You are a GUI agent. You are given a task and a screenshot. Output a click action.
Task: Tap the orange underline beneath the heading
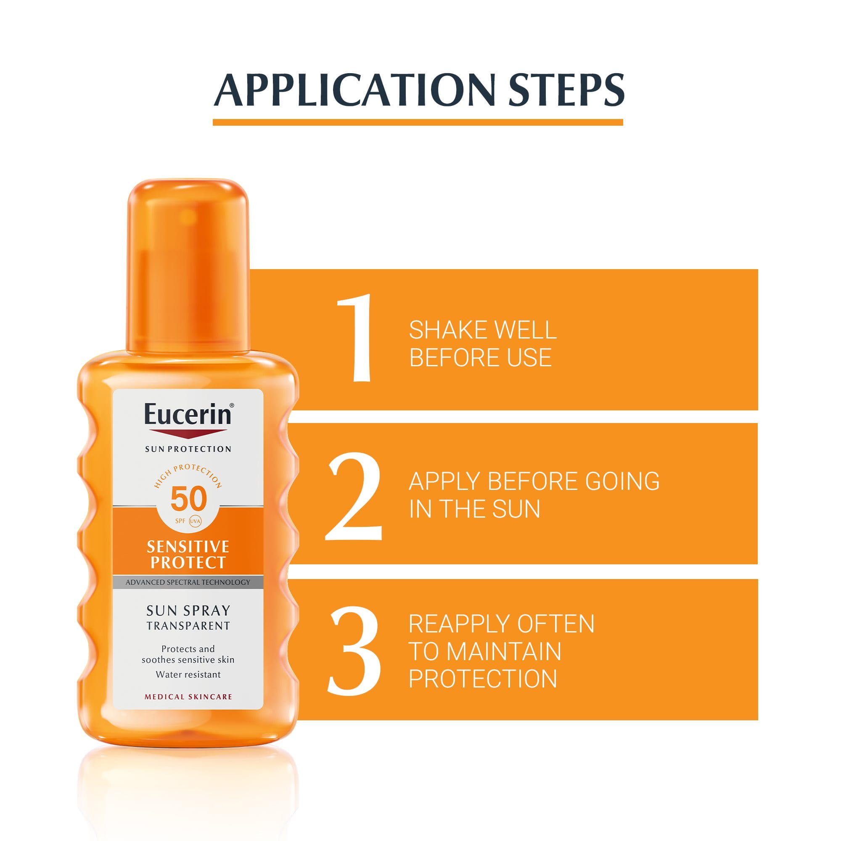(418, 122)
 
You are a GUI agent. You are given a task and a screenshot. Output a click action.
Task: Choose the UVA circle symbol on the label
(195, 521)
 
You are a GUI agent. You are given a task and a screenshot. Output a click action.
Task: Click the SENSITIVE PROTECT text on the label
(188, 554)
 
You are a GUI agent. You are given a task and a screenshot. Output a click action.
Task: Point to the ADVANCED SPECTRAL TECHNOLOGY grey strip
(188, 582)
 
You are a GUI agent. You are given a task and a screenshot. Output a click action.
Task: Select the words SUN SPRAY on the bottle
(188, 611)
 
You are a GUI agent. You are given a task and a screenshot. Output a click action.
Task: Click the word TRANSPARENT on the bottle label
(188, 626)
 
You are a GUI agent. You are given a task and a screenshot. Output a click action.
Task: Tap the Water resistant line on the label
(188, 675)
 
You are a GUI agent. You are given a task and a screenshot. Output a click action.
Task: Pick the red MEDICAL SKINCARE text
(188, 697)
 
